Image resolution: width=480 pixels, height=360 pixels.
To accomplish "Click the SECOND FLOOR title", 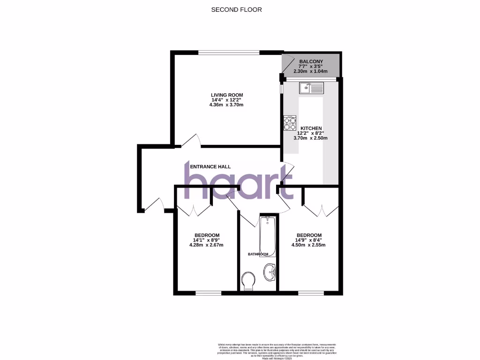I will tap(236, 9).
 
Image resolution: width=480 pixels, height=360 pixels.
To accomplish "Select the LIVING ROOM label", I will tap(227, 95).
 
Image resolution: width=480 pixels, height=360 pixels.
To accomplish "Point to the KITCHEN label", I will tap(311, 128).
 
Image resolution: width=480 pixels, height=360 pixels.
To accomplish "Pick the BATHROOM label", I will tap(258, 254).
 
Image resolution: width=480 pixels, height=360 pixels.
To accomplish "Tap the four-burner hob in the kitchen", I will tap(290, 123).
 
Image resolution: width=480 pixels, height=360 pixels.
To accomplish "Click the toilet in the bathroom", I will tap(248, 281).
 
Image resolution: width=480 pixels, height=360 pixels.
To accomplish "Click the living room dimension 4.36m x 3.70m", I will tap(227, 105).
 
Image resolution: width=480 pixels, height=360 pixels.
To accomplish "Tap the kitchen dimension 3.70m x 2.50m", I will tap(311, 138).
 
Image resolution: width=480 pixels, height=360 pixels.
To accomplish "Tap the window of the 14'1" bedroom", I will tap(208, 293).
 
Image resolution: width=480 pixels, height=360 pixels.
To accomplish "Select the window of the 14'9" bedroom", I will tap(310, 293).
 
